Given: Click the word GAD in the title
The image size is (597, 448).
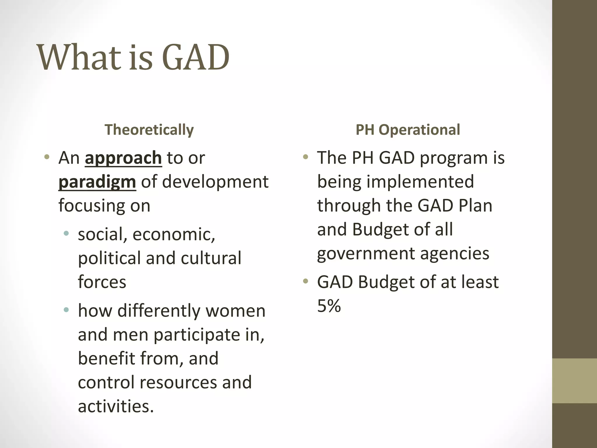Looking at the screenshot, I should pyautogui.click(x=195, y=57).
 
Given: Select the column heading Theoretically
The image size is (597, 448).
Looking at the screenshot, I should pyautogui.click(x=149, y=130).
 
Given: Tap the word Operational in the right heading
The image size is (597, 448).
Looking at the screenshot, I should pyautogui.click(x=419, y=130).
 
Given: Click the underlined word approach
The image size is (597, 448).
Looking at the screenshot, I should pyautogui.click(x=123, y=158).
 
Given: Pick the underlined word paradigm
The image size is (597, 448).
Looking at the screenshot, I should pyautogui.click(x=97, y=182).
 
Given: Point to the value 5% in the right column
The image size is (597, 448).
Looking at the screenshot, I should pyautogui.click(x=329, y=306).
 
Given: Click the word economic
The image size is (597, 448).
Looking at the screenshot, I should pyautogui.click(x=174, y=234).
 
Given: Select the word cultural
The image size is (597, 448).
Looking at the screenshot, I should pyautogui.click(x=211, y=258).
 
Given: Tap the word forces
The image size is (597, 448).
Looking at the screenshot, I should pyautogui.click(x=102, y=282).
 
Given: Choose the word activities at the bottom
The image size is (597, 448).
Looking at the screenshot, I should pyautogui.click(x=115, y=406).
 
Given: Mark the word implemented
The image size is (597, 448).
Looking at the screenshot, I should pyautogui.click(x=420, y=182).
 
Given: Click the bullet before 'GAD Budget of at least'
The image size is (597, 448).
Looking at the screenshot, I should pyautogui.click(x=305, y=281).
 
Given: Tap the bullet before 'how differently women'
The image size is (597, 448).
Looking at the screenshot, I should pyautogui.click(x=66, y=310).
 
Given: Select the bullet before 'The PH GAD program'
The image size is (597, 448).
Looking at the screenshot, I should pyautogui.click(x=305, y=157).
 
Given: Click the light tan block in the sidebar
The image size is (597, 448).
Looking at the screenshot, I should pyautogui.click(x=574, y=381).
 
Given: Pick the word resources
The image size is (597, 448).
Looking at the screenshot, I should pyautogui.click(x=178, y=382).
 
